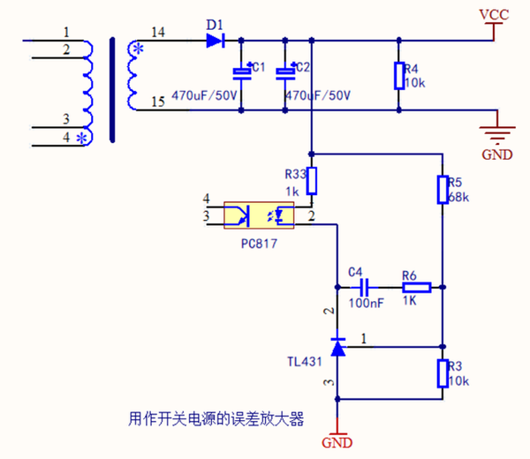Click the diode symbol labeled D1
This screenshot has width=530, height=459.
216,40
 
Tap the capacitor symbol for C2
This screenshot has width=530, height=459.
284,72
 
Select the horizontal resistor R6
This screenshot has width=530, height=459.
416,287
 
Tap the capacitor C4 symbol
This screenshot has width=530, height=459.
362,287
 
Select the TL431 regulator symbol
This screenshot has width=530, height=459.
337,344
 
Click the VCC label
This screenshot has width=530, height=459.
493,15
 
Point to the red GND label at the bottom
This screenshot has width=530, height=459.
337,441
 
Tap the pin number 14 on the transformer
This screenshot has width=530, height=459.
158,33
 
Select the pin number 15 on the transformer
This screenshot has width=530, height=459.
158,102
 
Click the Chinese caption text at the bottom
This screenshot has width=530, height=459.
216,419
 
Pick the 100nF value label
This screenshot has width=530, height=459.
365,303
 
